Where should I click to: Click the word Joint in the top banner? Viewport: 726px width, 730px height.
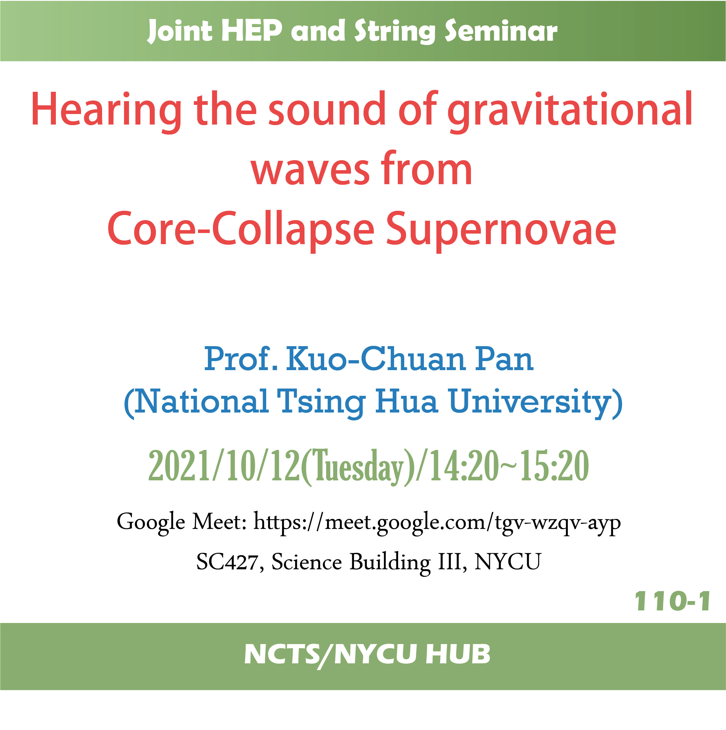(x=180, y=31)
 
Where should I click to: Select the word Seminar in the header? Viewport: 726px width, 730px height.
(x=501, y=31)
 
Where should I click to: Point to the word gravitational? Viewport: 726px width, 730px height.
(x=570, y=111)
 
